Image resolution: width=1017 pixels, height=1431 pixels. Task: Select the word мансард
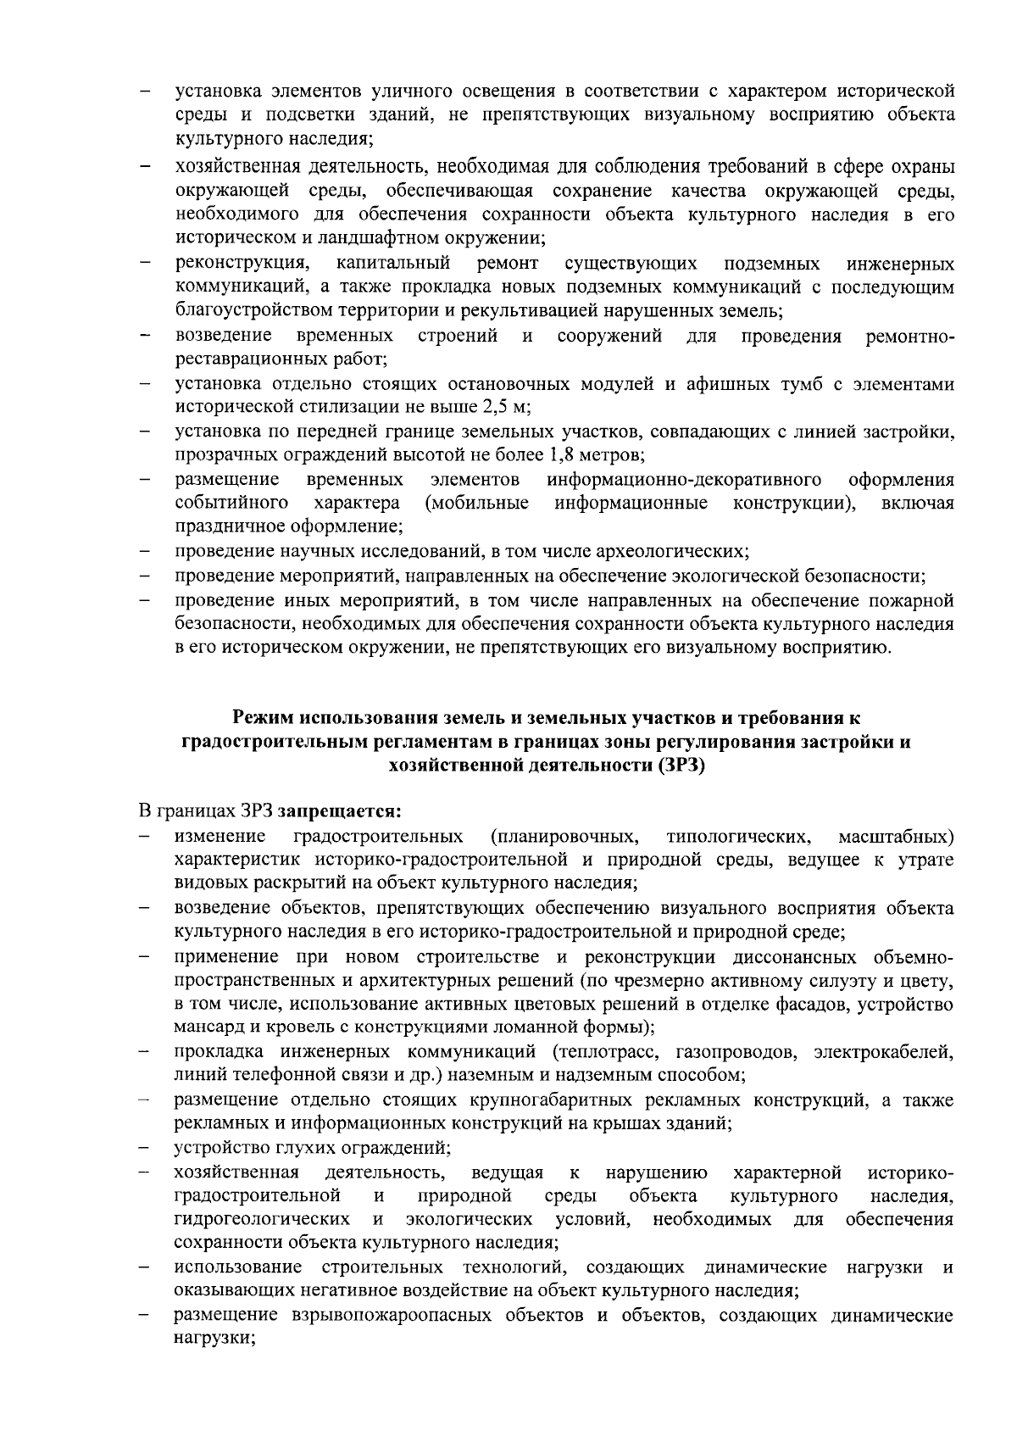click(x=208, y=1028)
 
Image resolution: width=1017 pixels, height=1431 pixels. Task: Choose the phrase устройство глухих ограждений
click(x=311, y=1149)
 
